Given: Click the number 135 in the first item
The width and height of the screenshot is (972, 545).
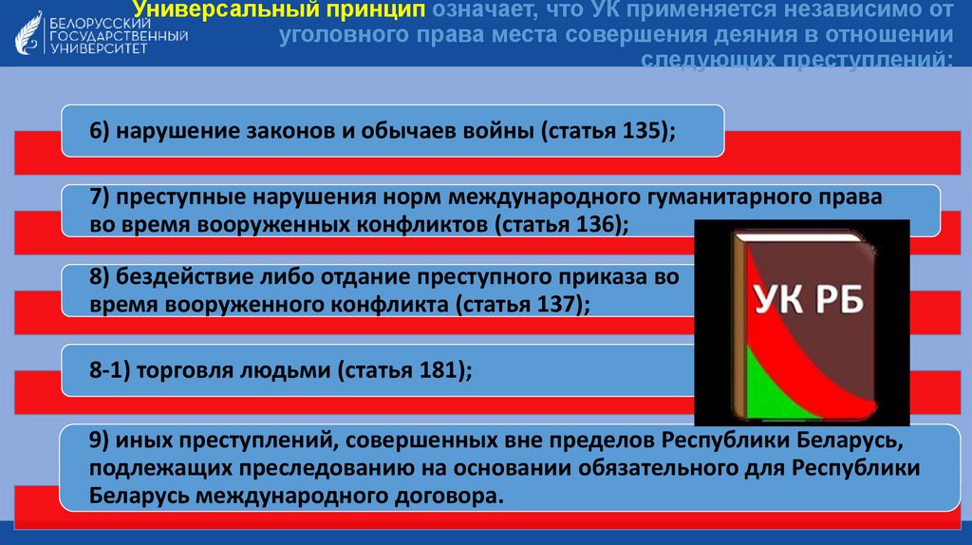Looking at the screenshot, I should [644, 131].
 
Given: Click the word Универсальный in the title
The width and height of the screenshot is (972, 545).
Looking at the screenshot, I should [219, 10].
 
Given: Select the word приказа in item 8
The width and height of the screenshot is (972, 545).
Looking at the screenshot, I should [606, 278].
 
